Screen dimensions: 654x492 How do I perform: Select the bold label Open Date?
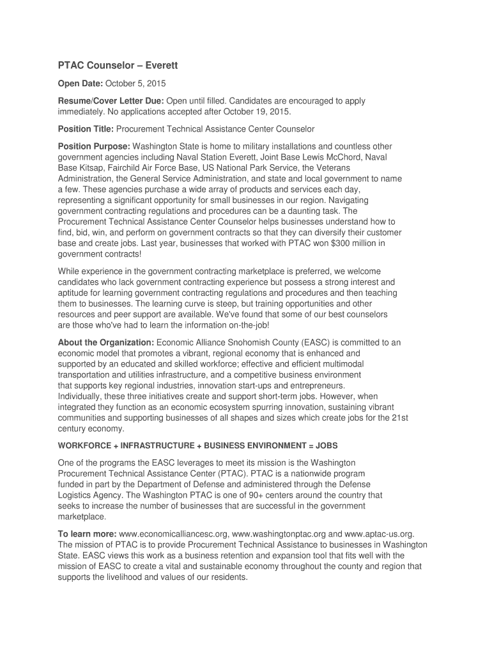(80, 84)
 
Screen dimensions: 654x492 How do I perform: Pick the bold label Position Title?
(86, 129)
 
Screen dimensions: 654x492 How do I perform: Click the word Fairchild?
(125, 167)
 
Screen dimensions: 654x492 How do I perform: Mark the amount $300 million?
(346, 243)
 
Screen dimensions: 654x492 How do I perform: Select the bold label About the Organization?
(106, 342)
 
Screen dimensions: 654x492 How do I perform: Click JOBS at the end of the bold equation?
(325, 445)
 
